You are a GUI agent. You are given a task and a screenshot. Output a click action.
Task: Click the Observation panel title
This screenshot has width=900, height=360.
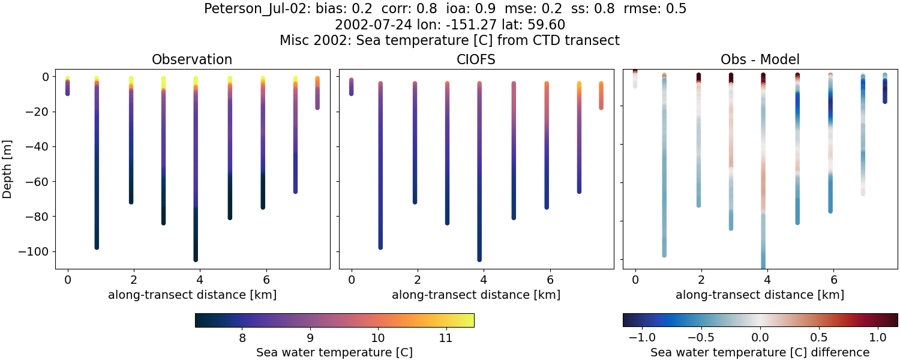pyautogui.click(x=192, y=59)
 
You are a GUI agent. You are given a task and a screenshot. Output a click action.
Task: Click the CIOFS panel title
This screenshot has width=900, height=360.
pyautogui.click(x=476, y=59)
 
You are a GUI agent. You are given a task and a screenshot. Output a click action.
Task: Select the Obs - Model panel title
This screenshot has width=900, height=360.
pyautogui.click(x=760, y=59)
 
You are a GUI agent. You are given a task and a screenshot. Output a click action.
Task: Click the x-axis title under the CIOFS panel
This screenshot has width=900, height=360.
pyautogui.click(x=476, y=295)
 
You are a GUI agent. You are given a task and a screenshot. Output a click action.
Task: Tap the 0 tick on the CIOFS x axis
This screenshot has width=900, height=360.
pyautogui.click(x=351, y=280)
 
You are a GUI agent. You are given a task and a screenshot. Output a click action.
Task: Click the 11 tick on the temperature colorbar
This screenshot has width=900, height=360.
pyautogui.click(x=445, y=338)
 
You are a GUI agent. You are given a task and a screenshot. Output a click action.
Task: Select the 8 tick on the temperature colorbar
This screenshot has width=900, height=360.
pyautogui.click(x=242, y=338)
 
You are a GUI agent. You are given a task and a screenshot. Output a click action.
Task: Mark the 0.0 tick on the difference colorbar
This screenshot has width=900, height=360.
pyautogui.click(x=760, y=338)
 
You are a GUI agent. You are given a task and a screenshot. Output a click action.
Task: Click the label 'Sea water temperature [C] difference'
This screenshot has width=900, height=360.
pyautogui.click(x=760, y=352)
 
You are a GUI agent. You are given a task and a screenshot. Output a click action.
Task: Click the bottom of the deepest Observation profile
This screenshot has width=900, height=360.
pyautogui.click(x=196, y=259)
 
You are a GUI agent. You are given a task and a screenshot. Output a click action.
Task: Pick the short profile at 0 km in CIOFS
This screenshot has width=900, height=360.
pyautogui.click(x=351, y=87)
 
